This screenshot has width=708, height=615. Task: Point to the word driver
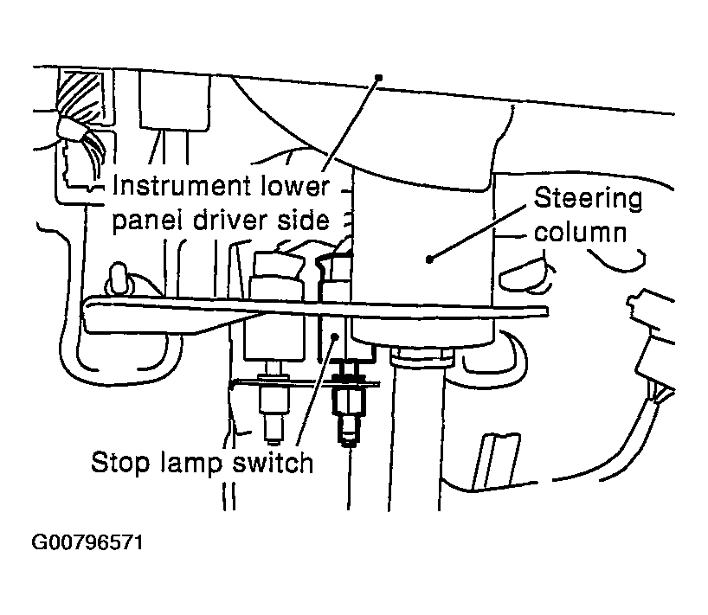pos(229,221)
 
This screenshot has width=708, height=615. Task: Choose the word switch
pos(273,463)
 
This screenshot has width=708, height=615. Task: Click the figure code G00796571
pos(87,545)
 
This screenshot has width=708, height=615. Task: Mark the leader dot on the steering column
pos(430,257)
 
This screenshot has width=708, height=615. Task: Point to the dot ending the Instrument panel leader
pos(378,78)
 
